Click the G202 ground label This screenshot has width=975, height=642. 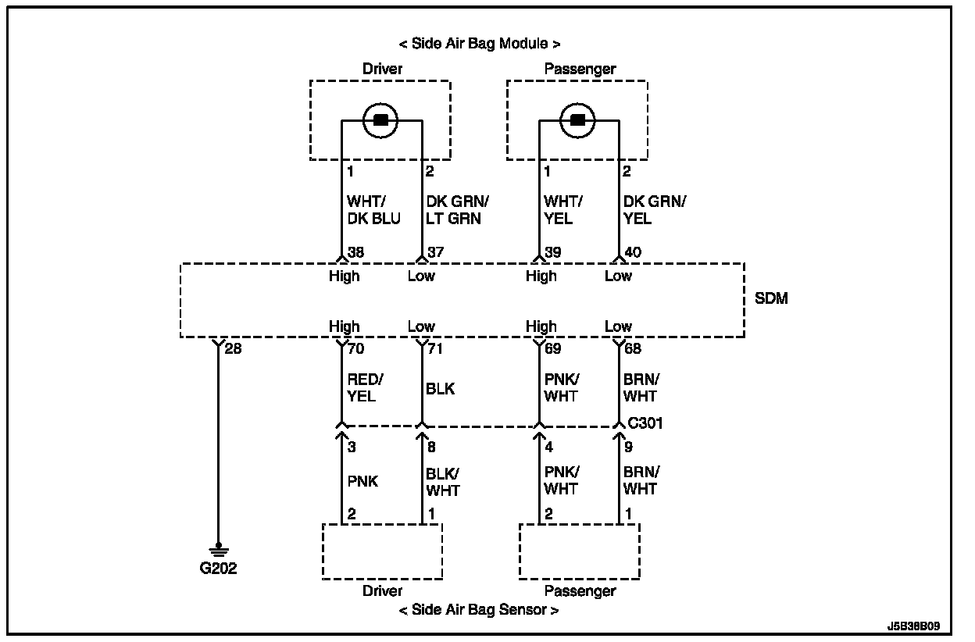pos(218,569)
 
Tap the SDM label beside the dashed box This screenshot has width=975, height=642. pos(771,298)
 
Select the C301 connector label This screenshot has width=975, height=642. pos(645,423)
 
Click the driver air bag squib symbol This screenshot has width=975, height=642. pos(381,120)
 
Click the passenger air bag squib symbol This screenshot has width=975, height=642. pos(578,120)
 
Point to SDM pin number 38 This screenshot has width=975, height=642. pos(356,252)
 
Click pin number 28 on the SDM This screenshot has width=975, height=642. pos(233,348)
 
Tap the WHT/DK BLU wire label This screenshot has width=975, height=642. pos(373,210)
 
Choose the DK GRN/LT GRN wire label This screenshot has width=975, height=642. pos(457,210)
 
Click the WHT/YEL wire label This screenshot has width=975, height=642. pos(562,210)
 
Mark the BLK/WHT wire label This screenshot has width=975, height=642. pos(442,482)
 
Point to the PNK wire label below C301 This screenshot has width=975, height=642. pos(362,481)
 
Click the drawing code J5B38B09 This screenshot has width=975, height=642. pos(913,626)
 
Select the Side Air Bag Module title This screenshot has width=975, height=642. pos(479,44)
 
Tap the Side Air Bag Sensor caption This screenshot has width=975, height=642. pos(479,610)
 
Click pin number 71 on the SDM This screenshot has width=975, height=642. pos(435,348)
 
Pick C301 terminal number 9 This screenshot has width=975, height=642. pos(628,448)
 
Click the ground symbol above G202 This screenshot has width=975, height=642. pos(218,551)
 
